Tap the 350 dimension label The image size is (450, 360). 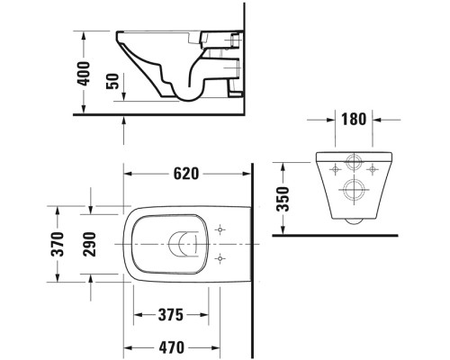point(283,197)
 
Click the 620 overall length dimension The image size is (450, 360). point(187,173)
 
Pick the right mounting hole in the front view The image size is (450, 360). point(373,167)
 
